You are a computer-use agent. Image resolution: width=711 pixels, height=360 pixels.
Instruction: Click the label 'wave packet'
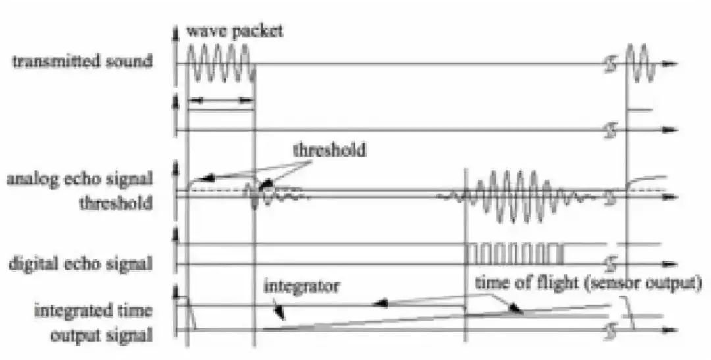click(234, 31)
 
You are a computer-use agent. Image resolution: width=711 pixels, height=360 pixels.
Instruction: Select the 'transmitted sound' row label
click(82, 61)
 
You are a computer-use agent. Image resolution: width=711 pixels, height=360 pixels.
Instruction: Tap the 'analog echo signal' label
click(80, 179)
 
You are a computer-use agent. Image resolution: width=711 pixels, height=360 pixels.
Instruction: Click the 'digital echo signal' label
click(80, 263)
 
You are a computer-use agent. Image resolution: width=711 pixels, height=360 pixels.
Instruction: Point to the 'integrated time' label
click(93, 311)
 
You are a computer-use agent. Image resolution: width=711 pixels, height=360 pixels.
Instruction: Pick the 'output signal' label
click(101, 335)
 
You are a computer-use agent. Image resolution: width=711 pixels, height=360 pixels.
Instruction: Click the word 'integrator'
click(302, 286)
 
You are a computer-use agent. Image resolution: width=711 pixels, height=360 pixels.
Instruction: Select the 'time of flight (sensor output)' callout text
click(588, 283)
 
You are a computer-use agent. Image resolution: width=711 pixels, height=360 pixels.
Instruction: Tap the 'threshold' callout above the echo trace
click(329, 149)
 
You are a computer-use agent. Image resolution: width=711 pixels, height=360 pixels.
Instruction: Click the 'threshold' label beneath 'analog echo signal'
click(116, 203)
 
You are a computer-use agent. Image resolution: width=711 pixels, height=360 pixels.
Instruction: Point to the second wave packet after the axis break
click(641, 63)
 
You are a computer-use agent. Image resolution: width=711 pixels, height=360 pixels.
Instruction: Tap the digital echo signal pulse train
click(515, 254)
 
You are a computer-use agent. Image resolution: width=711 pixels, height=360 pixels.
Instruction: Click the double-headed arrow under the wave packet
click(220, 100)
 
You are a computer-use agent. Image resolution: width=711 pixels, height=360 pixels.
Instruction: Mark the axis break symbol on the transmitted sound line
click(612, 64)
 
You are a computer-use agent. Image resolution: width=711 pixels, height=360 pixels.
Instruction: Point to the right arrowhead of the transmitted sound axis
click(669, 64)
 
